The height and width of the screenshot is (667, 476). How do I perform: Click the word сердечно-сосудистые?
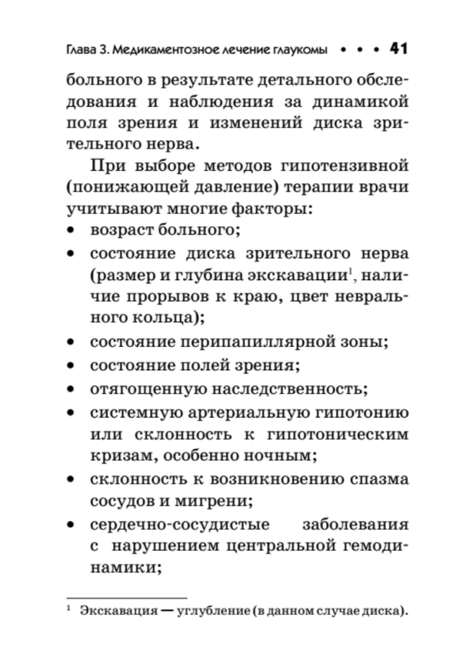(169, 524)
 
